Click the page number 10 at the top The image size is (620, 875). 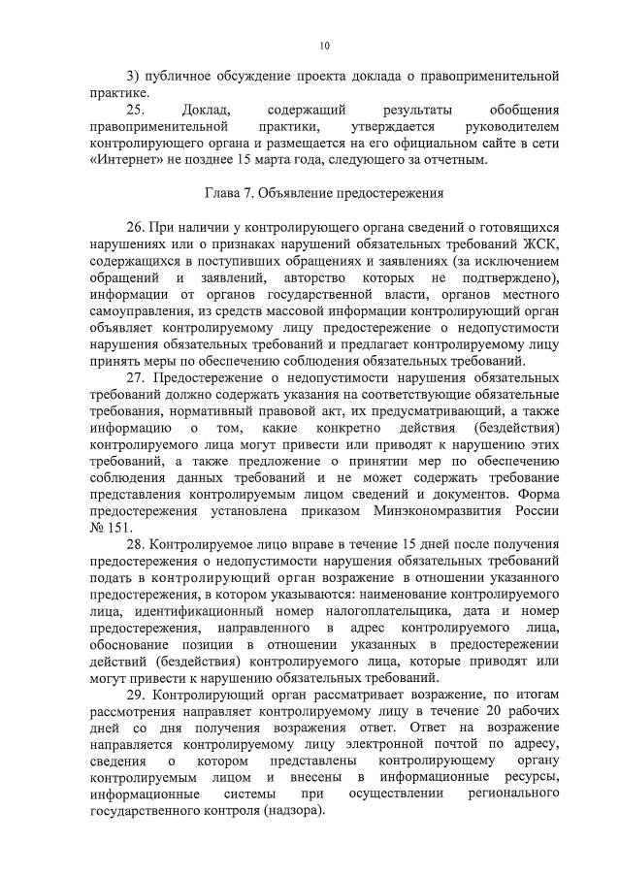[324, 46]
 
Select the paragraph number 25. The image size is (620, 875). [137, 110]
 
